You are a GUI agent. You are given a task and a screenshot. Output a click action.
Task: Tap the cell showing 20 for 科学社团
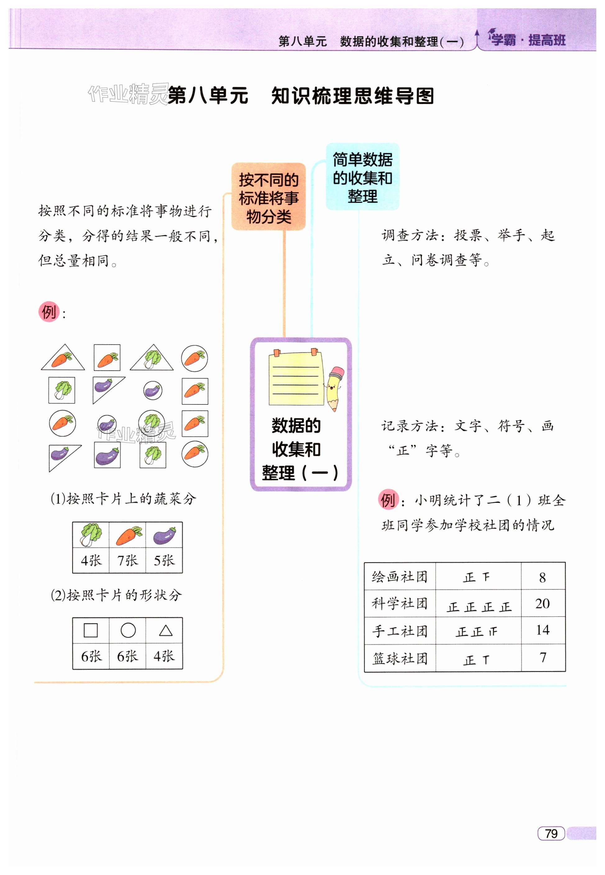[x=543, y=603]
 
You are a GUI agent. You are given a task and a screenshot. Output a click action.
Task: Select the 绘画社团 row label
[x=400, y=577]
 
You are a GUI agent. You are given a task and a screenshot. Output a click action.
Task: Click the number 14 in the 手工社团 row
[x=543, y=630]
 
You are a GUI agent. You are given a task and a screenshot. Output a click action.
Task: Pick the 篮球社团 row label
[x=400, y=658]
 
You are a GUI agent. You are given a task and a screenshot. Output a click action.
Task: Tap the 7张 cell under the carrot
[x=127, y=560]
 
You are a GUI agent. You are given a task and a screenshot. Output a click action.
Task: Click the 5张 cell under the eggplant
[x=164, y=560]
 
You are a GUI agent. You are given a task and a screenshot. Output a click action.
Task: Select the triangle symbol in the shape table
[x=166, y=630]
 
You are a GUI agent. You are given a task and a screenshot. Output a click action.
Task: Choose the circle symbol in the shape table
[x=128, y=630]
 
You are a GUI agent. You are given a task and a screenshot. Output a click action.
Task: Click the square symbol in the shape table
[x=91, y=630]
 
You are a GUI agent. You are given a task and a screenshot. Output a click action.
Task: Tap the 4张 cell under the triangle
[x=164, y=656]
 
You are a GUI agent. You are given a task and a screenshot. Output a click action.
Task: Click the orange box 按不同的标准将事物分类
[x=268, y=197]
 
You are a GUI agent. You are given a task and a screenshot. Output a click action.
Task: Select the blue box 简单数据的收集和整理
[x=362, y=177]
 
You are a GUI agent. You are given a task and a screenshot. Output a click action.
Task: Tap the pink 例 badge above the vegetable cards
[x=48, y=312]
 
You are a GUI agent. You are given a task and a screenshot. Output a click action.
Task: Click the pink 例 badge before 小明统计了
[x=388, y=500]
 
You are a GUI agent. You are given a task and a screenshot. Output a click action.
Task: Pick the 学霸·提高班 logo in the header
[x=528, y=39]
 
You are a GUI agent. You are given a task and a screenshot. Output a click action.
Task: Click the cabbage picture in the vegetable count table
[x=91, y=534]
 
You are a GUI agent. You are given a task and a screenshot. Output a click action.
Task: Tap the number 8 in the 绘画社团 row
[x=543, y=577]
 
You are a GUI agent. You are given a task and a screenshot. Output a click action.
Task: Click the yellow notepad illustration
[x=296, y=379]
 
